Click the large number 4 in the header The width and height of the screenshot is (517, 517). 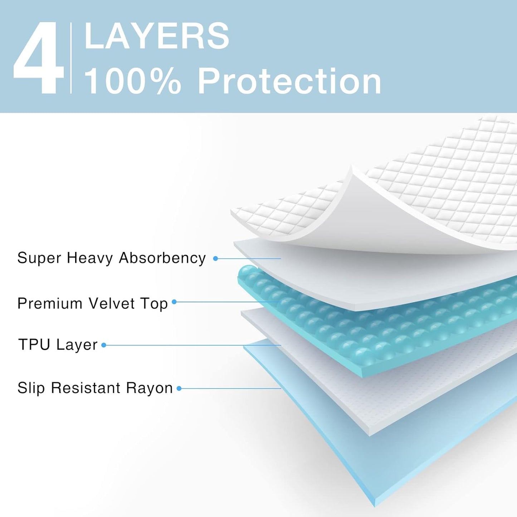tap(39, 58)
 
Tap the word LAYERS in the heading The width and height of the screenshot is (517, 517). tap(157, 36)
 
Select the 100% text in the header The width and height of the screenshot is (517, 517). tap(132, 82)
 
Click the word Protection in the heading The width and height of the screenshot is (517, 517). tap(289, 82)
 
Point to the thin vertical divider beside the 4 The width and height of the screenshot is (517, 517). tap(71, 58)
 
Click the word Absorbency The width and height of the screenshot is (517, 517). tap(162, 258)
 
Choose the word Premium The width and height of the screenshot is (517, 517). tap(50, 303)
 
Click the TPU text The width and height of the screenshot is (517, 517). tap(34, 345)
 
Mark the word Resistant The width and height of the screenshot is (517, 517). tap(86, 388)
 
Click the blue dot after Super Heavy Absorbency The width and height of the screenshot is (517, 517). tap(215, 258)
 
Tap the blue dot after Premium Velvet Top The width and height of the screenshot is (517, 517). tap(174, 302)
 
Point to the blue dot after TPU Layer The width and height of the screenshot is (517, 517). tap(104, 345)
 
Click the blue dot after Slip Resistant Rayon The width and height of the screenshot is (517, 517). tap(179, 389)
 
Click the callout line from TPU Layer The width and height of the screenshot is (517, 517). tap(193, 345)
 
